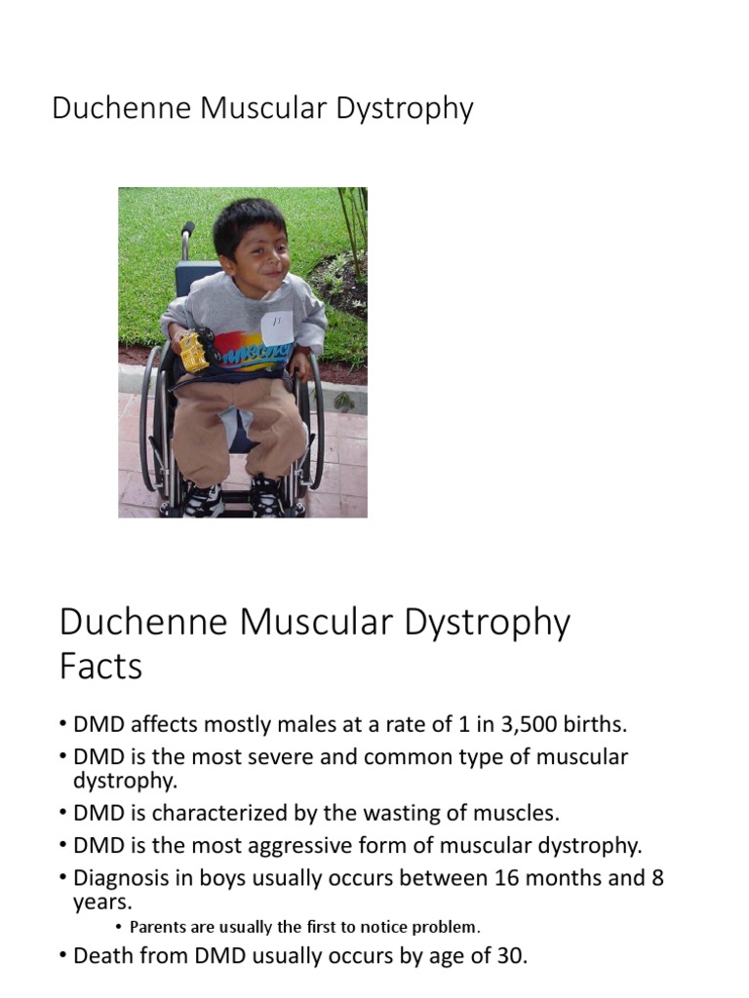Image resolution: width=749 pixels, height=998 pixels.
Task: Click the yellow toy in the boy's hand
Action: (193, 351)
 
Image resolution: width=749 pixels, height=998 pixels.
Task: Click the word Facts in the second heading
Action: (100, 667)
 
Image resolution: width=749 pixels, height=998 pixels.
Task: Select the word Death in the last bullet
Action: (104, 956)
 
